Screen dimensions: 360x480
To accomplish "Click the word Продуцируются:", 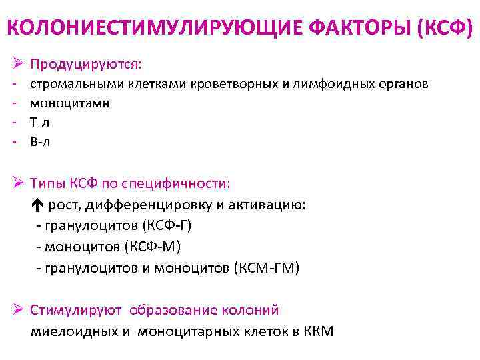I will click(87, 64).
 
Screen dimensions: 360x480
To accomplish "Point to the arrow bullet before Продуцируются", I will click(18, 64).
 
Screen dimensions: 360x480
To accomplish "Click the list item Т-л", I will click(40, 122).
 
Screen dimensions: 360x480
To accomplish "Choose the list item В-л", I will click(40, 141).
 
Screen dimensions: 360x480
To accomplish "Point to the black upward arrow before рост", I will click(37, 205).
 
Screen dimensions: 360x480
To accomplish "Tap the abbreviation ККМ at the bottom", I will click(318, 331).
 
